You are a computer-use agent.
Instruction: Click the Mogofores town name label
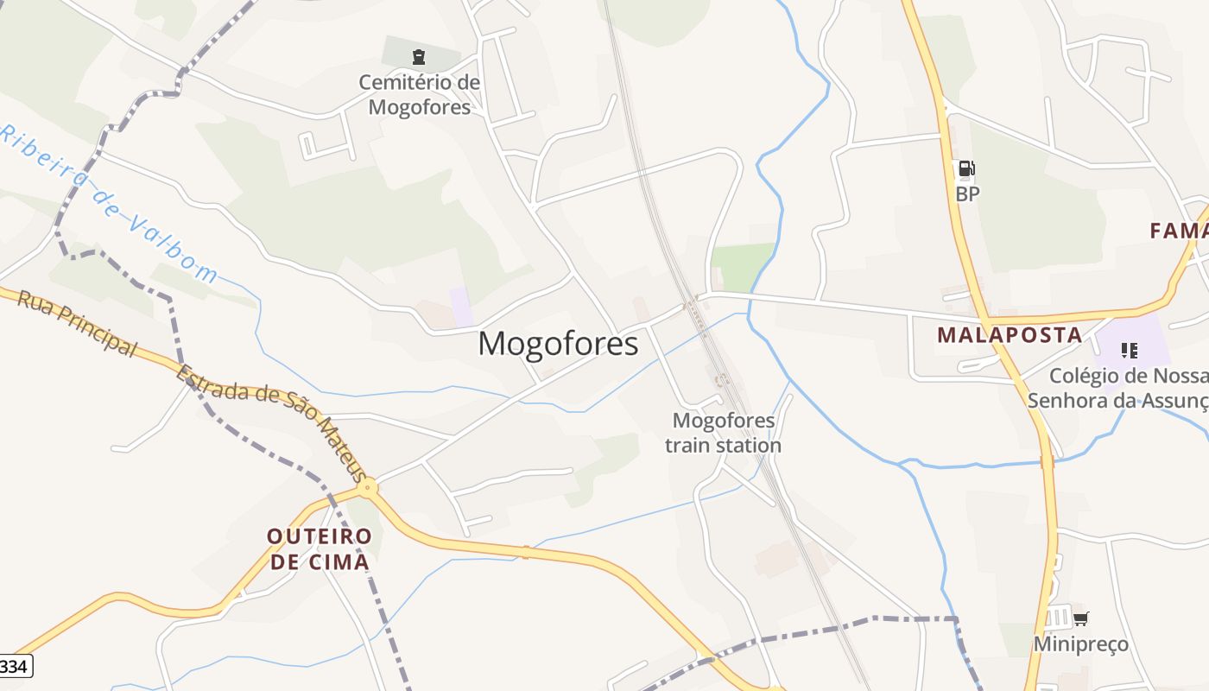point(558,344)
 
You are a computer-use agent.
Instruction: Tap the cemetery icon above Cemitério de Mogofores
point(419,57)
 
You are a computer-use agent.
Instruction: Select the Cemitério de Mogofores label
point(420,95)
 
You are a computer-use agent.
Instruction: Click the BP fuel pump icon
point(966,168)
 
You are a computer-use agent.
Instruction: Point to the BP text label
point(967,194)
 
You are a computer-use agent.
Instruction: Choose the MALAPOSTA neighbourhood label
point(1010,335)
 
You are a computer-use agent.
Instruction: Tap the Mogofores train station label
point(723,433)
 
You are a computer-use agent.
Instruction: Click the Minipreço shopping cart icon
point(1080,618)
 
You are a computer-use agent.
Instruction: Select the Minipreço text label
point(1080,644)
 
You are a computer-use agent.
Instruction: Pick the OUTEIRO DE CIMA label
point(320,548)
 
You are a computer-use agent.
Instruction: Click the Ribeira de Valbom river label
point(109,204)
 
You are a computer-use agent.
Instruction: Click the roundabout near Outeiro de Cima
point(368,488)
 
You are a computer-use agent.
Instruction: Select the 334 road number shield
point(15,666)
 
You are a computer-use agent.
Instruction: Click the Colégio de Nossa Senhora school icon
point(1129,351)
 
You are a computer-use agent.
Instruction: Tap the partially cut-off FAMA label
point(1179,231)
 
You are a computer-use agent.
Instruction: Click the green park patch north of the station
point(742,265)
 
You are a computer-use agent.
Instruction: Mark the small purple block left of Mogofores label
point(461,307)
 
